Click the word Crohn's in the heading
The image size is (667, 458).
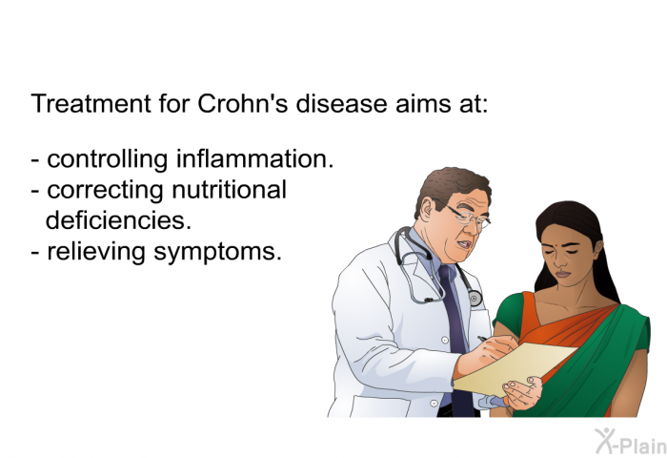(242, 104)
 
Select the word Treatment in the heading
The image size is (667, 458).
(91, 104)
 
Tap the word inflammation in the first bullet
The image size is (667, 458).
(255, 158)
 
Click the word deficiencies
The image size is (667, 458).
(118, 220)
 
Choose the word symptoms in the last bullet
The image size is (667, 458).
(218, 252)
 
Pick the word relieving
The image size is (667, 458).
(96, 252)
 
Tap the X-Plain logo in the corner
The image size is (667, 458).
(631, 442)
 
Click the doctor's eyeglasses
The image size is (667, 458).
(468, 217)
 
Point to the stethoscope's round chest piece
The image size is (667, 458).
(475, 299)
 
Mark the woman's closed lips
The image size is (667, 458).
(563, 274)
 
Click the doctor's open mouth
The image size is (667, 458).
(464, 245)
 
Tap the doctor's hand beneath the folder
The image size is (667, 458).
(522, 391)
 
